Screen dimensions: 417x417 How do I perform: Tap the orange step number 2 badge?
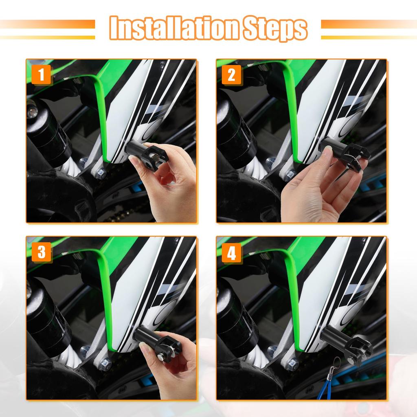click(x=231, y=75)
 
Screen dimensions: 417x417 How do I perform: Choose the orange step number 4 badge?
click(x=231, y=254)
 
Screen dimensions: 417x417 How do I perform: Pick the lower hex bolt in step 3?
click(x=105, y=364)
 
